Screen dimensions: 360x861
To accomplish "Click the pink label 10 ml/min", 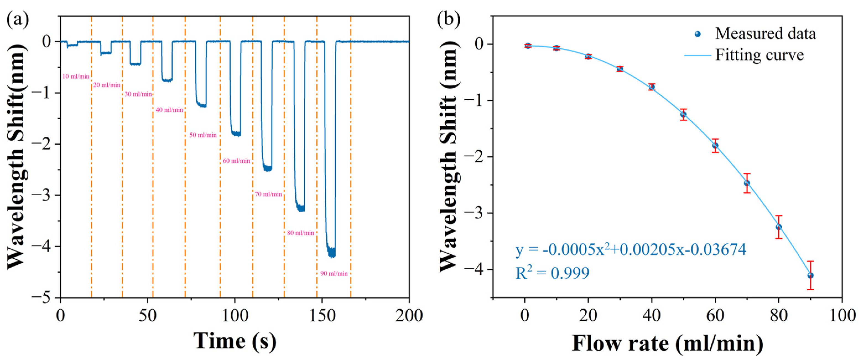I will tap(76, 77).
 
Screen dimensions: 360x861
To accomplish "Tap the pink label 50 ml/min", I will tap(203, 135).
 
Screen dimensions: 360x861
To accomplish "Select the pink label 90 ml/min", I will tap(334, 274).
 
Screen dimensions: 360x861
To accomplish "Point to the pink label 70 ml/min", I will tap(268, 194).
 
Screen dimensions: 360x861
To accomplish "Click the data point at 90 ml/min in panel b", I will tap(810, 275).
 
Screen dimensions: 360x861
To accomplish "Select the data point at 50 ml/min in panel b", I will tap(683, 114).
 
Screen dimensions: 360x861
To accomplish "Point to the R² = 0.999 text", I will tap(552, 273).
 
